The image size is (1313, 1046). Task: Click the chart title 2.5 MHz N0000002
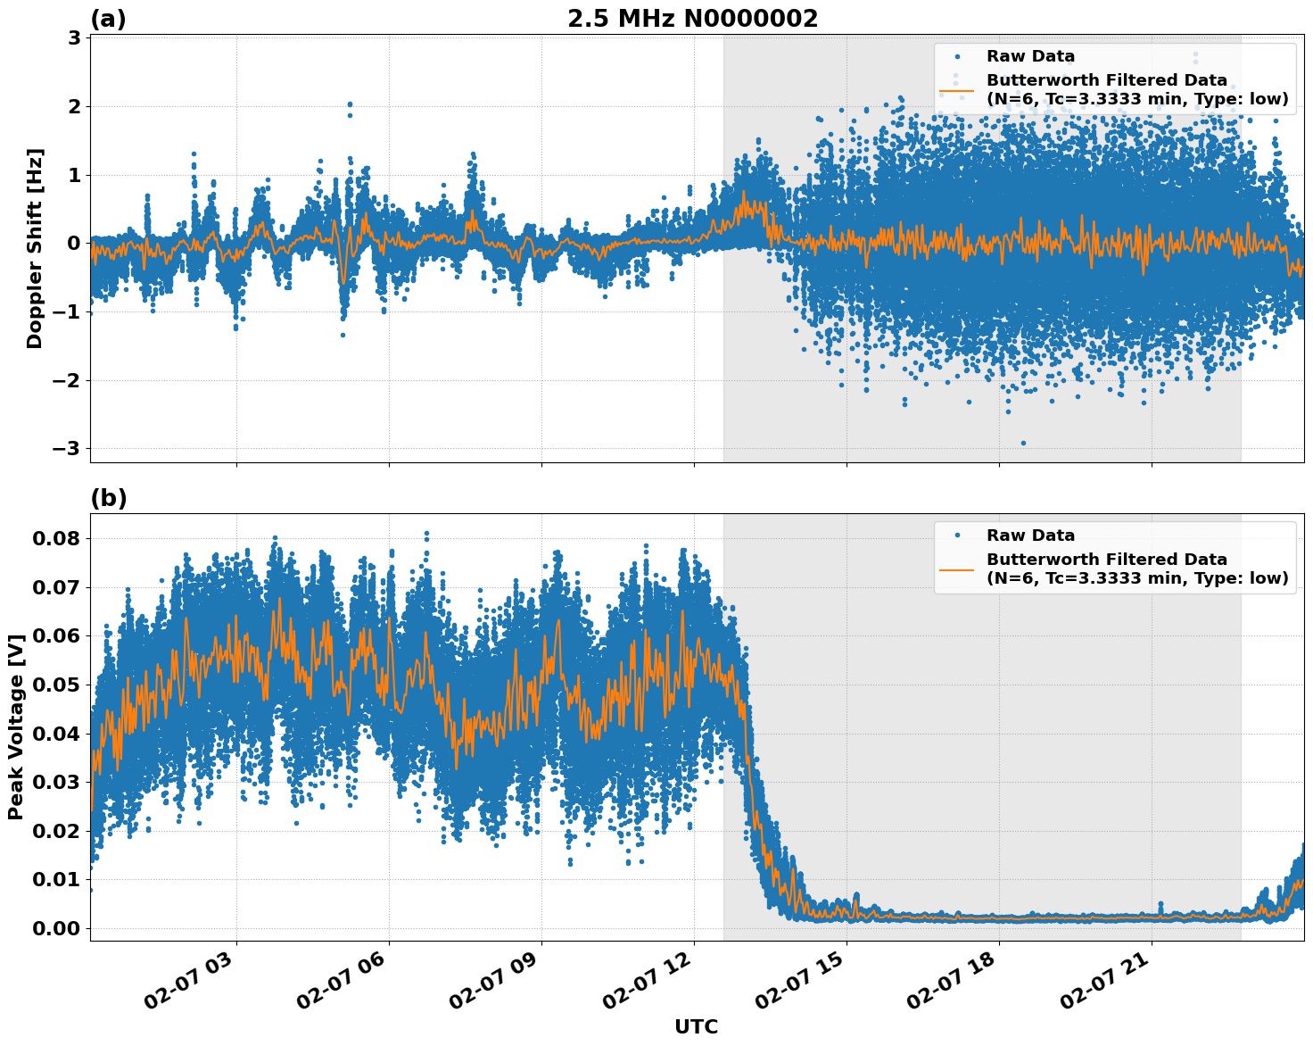(x=692, y=19)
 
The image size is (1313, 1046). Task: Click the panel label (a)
(x=109, y=19)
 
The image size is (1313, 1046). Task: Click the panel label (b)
(x=109, y=498)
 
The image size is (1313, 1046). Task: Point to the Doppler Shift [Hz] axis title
(x=35, y=248)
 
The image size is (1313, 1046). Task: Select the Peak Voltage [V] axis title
(x=15, y=727)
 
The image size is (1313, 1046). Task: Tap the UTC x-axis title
(x=696, y=1026)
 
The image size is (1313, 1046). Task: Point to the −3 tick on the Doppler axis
(x=65, y=448)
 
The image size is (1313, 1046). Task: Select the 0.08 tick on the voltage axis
(x=55, y=538)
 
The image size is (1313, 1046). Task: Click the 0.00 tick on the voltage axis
(x=55, y=928)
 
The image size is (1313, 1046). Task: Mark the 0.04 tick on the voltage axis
(x=55, y=734)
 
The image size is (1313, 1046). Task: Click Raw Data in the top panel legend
(x=1030, y=56)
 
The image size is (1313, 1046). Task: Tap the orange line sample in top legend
(x=956, y=89)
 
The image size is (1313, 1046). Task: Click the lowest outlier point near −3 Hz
(x=1023, y=443)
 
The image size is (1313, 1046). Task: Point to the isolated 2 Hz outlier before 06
(x=350, y=104)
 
